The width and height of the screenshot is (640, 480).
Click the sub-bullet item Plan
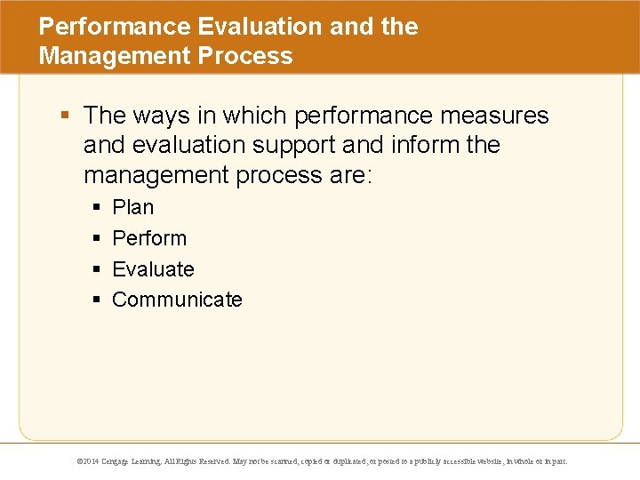132,207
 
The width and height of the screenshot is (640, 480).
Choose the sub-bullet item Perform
149,238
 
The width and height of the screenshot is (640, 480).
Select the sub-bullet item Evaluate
153,269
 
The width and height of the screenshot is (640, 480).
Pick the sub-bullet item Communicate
177,300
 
